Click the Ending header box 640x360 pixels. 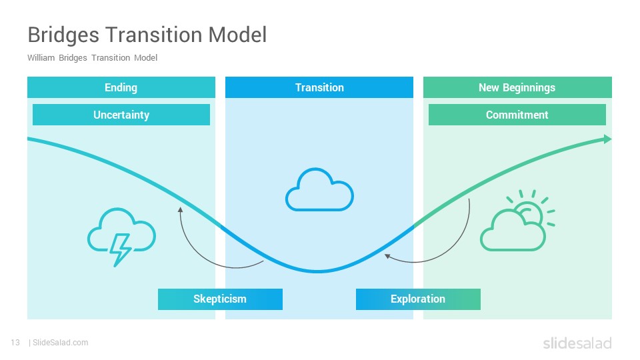tap(121, 87)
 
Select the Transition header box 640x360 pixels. tap(319, 87)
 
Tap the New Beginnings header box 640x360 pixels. tap(517, 87)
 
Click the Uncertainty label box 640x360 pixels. tap(121, 115)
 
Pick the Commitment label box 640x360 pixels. tap(517, 115)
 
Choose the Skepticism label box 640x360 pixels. tap(220, 299)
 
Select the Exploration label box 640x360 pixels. tap(418, 299)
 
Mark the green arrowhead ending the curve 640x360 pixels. tap(607, 139)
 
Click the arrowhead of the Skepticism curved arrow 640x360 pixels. tap(180, 210)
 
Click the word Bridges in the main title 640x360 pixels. tap(63, 35)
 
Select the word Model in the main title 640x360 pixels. tap(237, 34)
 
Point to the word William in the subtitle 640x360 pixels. tap(41, 57)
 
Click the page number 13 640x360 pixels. tap(15, 343)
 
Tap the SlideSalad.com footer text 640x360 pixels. tap(61, 343)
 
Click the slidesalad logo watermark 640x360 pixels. tap(577, 343)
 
